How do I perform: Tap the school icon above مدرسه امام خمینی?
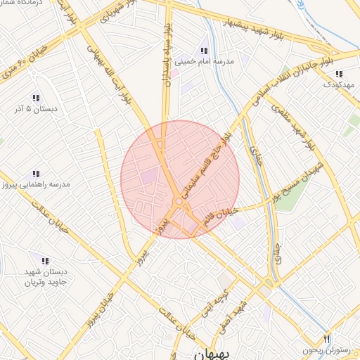(x=204, y=51)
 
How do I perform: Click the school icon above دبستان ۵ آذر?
(x=35, y=98)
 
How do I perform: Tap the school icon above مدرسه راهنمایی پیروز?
(x=35, y=174)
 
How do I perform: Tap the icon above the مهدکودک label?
(x=339, y=74)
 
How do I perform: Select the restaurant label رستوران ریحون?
(x=326, y=349)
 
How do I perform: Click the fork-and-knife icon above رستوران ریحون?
(x=326, y=339)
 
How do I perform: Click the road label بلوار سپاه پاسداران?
(x=167, y=56)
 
